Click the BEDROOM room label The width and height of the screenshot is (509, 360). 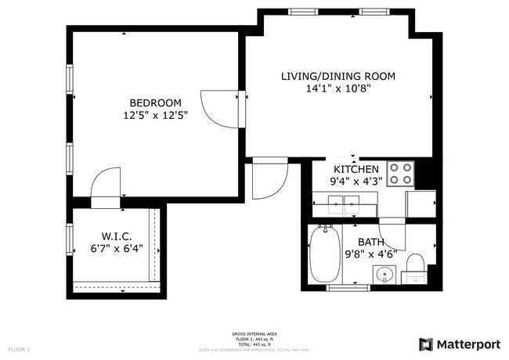[x=155, y=103]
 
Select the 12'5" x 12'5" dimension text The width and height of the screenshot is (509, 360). [x=155, y=115]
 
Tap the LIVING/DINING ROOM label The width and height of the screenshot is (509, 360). [x=338, y=76]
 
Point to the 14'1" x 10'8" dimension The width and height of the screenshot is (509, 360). [x=338, y=88]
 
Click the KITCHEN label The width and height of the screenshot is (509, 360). [x=356, y=169]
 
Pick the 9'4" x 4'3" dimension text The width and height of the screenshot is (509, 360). [x=356, y=182]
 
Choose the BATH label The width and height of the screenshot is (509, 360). [x=371, y=242]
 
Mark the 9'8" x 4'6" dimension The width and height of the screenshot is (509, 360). [x=371, y=254]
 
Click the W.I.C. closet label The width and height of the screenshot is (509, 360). [x=116, y=236]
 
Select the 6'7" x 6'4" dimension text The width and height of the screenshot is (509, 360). [x=116, y=250]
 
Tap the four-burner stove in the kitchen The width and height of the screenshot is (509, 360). [x=402, y=173]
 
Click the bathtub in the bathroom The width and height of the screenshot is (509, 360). [x=323, y=254]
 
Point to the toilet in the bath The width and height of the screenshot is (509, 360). [x=416, y=261]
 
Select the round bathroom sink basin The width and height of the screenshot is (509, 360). [x=384, y=275]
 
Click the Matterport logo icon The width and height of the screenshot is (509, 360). [x=426, y=344]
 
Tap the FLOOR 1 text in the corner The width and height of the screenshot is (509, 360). [x=19, y=349]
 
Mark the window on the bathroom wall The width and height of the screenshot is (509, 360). [x=348, y=288]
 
